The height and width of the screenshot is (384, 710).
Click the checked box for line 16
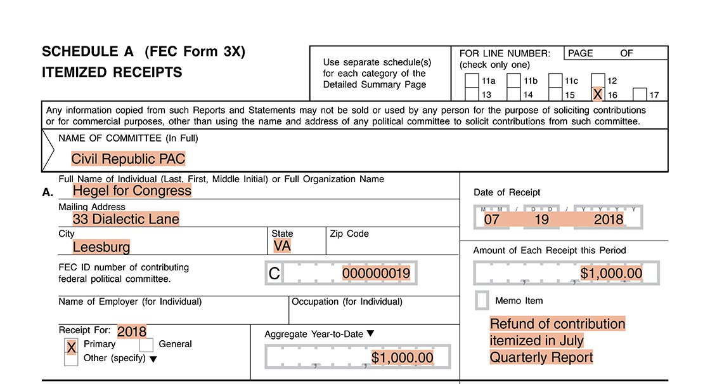(x=597, y=95)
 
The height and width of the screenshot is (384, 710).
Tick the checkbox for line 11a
(x=472, y=81)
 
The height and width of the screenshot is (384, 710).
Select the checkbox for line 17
(x=639, y=95)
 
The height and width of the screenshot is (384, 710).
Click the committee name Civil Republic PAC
(x=128, y=159)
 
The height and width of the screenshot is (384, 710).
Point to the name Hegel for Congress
(x=132, y=190)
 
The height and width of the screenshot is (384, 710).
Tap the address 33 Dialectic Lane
(x=126, y=220)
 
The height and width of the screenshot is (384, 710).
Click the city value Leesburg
(x=101, y=247)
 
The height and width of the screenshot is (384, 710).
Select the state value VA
(x=282, y=246)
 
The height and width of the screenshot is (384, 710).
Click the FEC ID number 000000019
(x=376, y=274)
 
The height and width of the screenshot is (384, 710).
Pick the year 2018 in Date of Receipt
(x=609, y=220)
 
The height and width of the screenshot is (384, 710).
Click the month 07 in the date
(x=491, y=220)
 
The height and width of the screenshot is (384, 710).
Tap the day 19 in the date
(x=541, y=220)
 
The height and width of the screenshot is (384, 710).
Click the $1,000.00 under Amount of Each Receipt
(x=611, y=274)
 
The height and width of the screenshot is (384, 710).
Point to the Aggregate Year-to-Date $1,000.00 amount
(x=403, y=358)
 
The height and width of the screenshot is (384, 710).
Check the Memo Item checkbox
(x=482, y=300)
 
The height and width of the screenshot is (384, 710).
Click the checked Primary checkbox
(x=72, y=347)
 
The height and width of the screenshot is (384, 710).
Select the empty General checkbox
(x=146, y=345)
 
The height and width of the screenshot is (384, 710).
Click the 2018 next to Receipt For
(x=132, y=331)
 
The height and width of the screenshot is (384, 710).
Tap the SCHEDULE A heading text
(x=89, y=52)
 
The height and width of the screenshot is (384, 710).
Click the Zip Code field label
(x=349, y=234)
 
